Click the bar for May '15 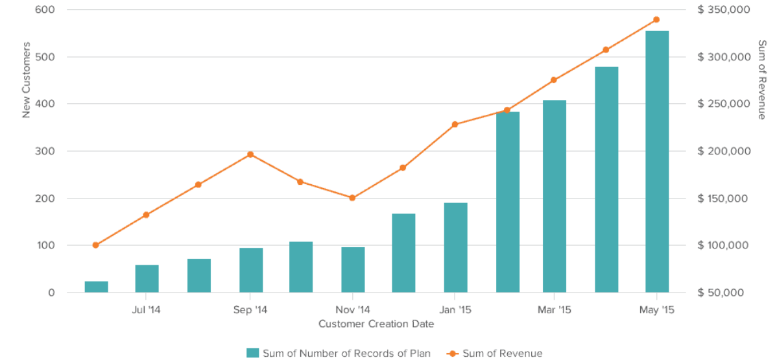pyautogui.click(x=656, y=162)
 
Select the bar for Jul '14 pyautogui.click(x=147, y=279)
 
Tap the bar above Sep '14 pyautogui.click(x=251, y=270)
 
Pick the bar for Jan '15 pyautogui.click(x=456, y=248)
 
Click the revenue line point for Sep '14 pyautogui.click(x=250, y=154)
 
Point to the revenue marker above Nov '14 pyautogui.click(x=352, y=198)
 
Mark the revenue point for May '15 pyautogui.click(x=656, y=19)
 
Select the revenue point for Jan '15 pyautogui.click(x=455, y=125)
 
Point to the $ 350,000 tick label pyautogui.click(x=724, y=10)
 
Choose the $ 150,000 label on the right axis pyautogui.click(x=724, y=198)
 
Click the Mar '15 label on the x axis pyautogui.click(x=554, y=310)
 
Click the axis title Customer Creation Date pyautogui.click(x=376, y=323)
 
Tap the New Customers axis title pyautogui.click(x=27, y=80)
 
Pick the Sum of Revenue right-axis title pyautogui.click(x=762, y=80)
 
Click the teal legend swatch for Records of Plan pyautogui.click(x=253, y=353)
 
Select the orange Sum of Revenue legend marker pyautogui.click(x=452, y=353)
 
